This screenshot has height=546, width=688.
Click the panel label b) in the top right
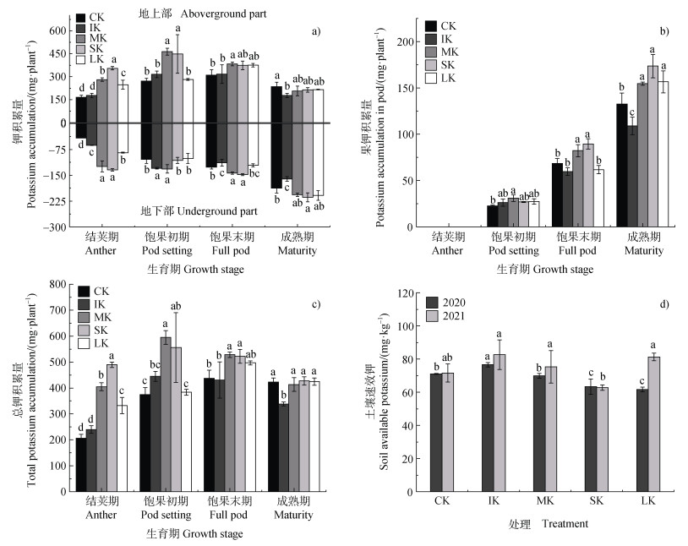(x=664, y=31)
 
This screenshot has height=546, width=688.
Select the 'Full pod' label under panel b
(x=580, y=251)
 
